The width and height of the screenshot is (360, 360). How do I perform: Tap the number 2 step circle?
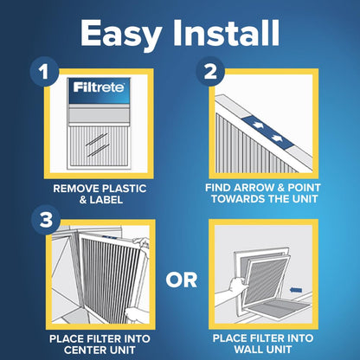click(x=208, y=72)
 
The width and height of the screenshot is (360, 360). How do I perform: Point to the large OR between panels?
click(x=179, y=279)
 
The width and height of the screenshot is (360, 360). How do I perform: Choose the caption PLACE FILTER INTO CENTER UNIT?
click(x=93, y=343)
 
